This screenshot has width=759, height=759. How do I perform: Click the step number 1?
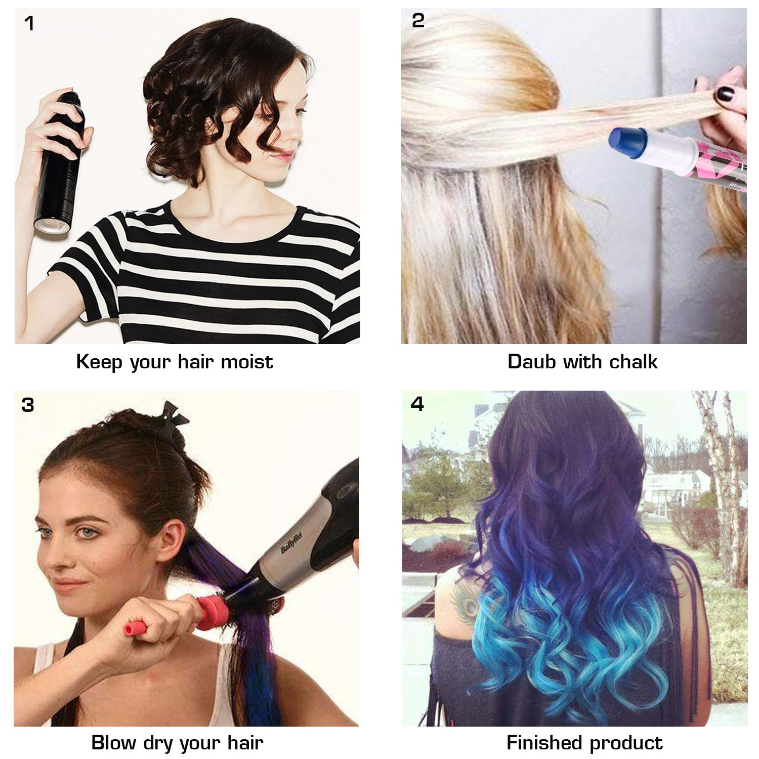coord(29,24)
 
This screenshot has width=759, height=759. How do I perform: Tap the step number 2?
coord(418,21)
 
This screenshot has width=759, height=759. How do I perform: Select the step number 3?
coord(28,405)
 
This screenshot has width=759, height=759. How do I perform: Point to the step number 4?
coord(417,404)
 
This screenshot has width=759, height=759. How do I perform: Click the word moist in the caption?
coord(247,362)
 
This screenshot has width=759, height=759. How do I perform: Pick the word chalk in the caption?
coord(633,362)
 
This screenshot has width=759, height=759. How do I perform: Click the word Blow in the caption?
coord(113,743)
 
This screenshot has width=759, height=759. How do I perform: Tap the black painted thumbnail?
coord(725,94)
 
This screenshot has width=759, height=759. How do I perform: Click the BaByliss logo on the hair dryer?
coord(291,541)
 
